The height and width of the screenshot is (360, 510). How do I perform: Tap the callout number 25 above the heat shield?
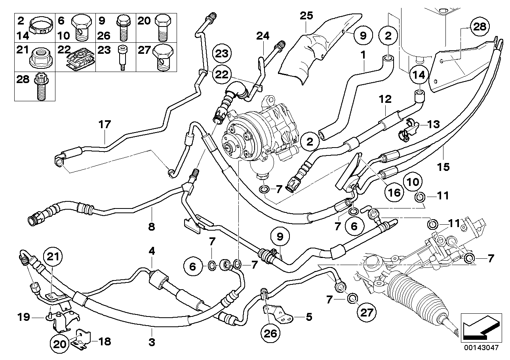click(306, 16)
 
